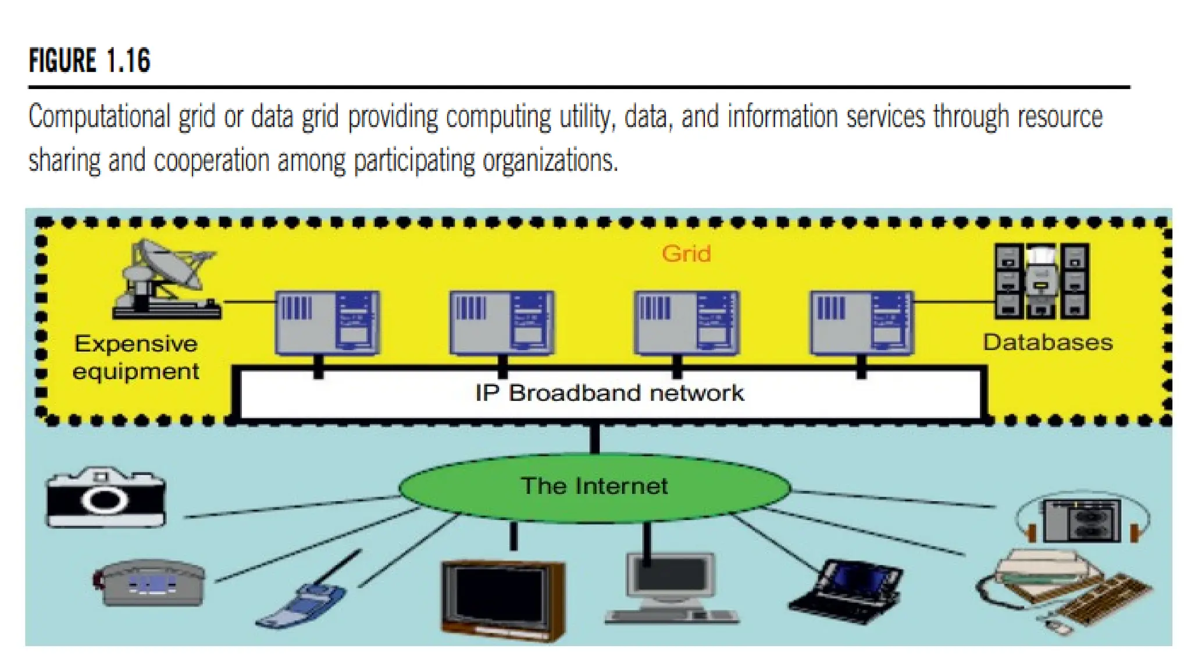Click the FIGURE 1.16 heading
coord(90,60)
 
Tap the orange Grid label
coord(686,254)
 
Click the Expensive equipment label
coord(135,357)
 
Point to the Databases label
coord(1047,342)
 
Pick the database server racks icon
coord(1042,281)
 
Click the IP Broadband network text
coord(609,393)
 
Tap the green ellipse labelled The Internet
coord(594,486)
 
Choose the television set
coord(502,599)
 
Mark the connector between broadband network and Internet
coord(594,438)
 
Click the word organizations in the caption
coord(550,161)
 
